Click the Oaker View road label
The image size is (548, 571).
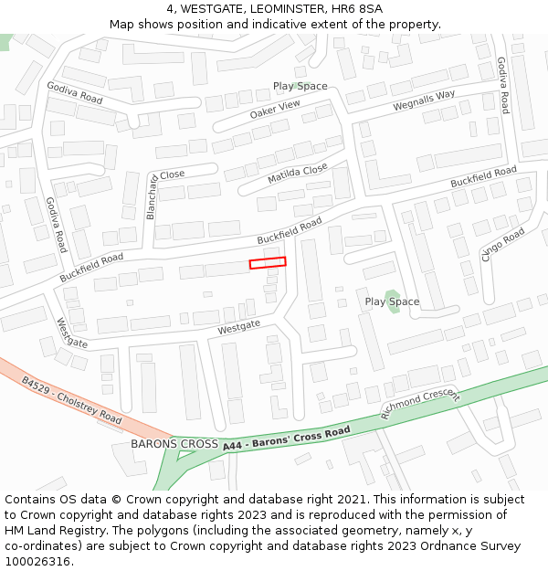(x=274, y=110)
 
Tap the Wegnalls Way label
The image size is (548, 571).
(x=424, y=100)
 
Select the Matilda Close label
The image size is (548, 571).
(x=297, y=174)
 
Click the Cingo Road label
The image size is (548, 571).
(x=503, y=245)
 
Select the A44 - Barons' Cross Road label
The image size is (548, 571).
(x=286, y=438)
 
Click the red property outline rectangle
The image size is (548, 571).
(x=268, y=263)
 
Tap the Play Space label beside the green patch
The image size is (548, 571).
(x=392, y=301)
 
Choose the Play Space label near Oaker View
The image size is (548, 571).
(x=300, y=86)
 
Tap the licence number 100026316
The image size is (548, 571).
(x=39, y=562)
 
